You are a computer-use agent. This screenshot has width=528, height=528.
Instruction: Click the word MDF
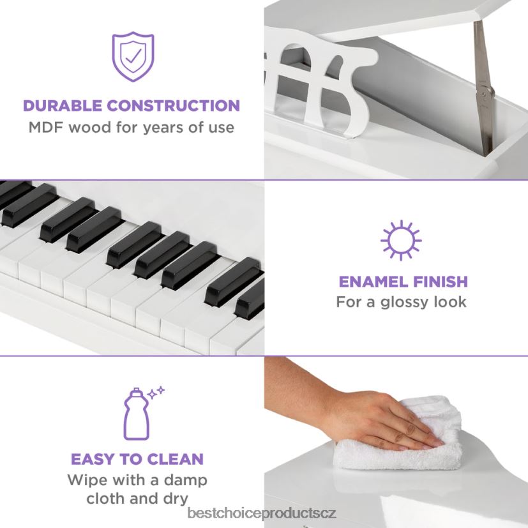tap(45, 127)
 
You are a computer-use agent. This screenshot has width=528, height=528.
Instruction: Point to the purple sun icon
tap(401, 241)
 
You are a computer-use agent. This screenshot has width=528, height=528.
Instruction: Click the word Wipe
tap(87, 479)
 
